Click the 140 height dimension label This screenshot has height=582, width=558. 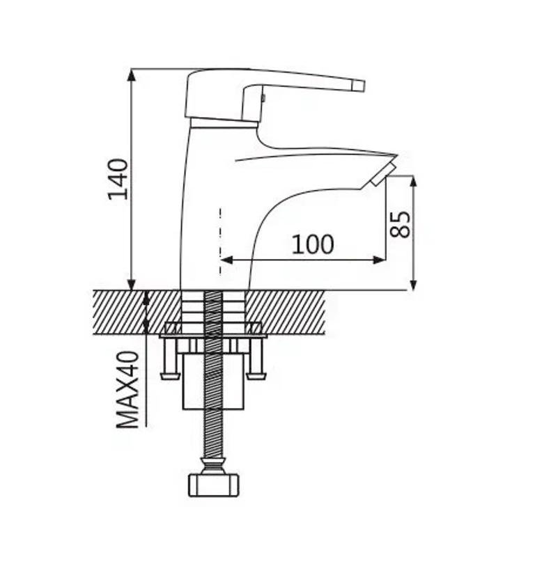[118, 180]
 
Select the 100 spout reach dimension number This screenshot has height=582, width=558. [313, 244]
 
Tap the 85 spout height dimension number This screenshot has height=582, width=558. [401, 224]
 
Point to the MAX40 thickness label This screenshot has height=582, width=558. [127, 390]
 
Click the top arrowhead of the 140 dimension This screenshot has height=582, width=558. [131, 76]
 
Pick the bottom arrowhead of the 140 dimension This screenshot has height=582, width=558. [131, 283]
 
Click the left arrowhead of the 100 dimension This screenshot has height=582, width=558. [226, 260]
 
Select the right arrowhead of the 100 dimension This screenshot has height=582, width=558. [379, 260]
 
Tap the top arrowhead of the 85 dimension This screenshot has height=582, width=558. [413, 182]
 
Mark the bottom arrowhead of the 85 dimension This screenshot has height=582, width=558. [413, 284]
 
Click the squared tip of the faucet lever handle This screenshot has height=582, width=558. [359, 86]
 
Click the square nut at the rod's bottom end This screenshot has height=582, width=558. [213, 485]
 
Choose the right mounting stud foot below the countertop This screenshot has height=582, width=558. [257, 377]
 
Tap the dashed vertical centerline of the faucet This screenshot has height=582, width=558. [221, 242]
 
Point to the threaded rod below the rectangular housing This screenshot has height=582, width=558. [213, 434]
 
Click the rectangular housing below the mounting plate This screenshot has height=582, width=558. [213, 382]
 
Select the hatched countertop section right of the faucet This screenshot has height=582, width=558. [286, 312]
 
